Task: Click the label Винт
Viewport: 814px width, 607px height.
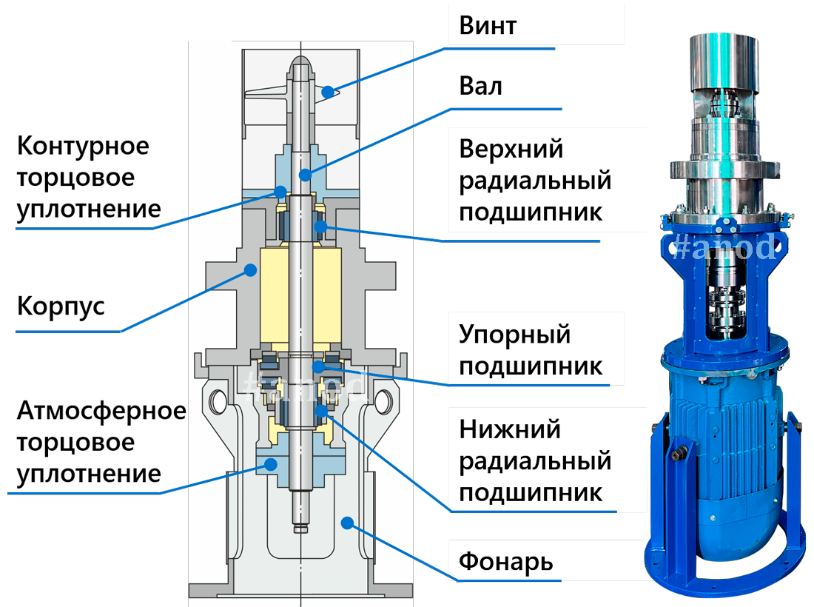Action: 488,25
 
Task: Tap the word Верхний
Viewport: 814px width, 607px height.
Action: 511,149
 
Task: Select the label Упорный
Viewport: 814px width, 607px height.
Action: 515,335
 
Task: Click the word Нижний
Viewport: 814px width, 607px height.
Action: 510,429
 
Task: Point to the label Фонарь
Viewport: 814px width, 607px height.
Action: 505,560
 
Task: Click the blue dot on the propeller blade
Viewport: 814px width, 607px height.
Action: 326,93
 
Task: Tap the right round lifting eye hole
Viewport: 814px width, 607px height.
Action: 384,400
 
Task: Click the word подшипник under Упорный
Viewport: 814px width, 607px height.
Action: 530,366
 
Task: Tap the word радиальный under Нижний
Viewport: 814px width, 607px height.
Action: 535,461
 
